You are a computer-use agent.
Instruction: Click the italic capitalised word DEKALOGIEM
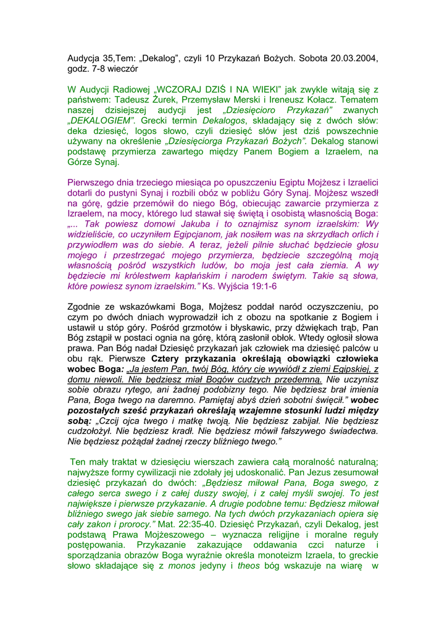[101, 122]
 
